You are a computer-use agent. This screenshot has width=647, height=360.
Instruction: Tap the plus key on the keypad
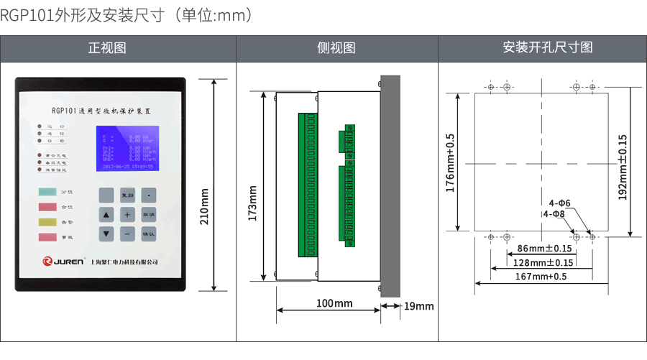click(127, 214)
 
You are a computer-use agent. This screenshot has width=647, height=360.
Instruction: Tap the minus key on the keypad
click(127, 234)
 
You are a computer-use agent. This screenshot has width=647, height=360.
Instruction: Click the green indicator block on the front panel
click(48, 192)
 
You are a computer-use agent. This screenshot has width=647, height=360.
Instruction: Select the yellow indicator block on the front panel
click(48, 222)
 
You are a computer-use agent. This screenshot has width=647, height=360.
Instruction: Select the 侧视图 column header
click(336, 48)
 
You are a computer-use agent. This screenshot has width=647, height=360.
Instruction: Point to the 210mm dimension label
click(204, 208)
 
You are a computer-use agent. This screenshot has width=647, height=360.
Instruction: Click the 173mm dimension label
click(253, 203)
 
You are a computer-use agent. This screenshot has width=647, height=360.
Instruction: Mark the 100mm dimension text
click(334, 304)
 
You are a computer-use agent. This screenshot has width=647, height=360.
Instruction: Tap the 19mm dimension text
click(419, 306)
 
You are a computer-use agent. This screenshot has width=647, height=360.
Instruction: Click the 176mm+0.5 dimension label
click(451, 162)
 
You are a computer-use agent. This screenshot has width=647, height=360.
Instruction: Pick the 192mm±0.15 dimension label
click(623, 167)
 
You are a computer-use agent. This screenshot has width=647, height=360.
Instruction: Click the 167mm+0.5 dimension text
click(541, 277)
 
